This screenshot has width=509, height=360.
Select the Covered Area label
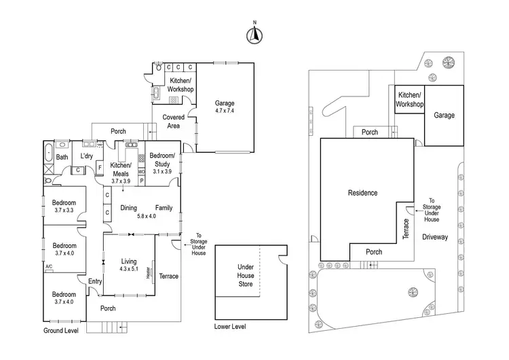(x=174, y=122)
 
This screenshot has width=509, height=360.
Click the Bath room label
(x=62, y=158)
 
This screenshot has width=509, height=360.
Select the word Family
(x=164, y=208)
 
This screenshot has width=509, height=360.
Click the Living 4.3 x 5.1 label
(x=128, y=264)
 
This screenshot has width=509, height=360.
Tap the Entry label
(x=94, y=281)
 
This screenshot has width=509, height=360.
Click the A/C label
(x=49, y=266)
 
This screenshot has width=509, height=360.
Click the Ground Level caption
(x=60, y=331)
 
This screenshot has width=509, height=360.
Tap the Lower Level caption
(x=229, y=327)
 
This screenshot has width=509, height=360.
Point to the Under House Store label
(x=245, y=275)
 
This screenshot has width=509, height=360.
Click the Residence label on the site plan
(x=362, y=193)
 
